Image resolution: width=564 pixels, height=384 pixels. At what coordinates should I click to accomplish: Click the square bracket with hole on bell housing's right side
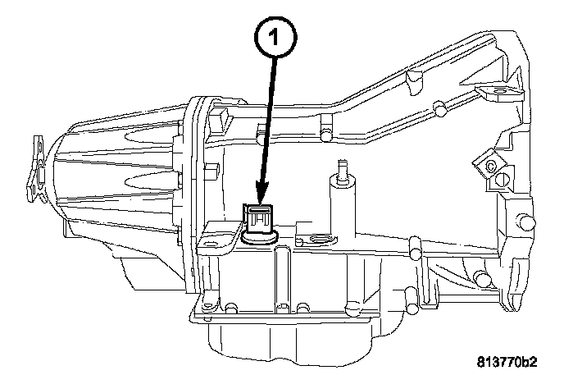(x=489, y=164)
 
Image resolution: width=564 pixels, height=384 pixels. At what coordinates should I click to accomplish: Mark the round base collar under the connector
(x=256, y=239)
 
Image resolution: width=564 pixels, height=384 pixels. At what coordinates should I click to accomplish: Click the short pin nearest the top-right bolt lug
(x=441, y=107)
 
